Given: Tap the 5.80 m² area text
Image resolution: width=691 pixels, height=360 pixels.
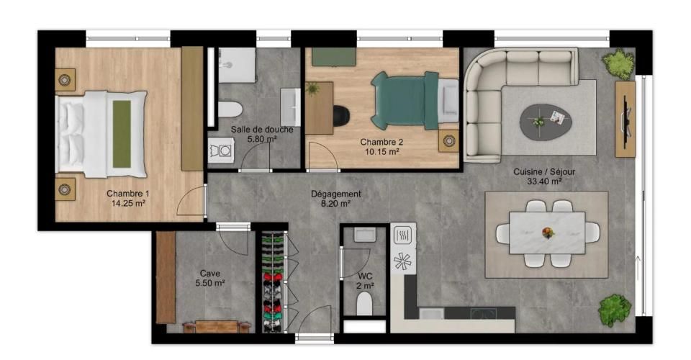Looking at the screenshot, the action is [262, 139].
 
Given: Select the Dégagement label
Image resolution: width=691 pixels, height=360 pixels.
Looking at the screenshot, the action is [336, 194].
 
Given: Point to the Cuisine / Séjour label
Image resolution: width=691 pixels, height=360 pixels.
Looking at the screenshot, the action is [544, 172].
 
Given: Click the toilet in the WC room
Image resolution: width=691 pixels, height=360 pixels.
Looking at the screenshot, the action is [364, 303].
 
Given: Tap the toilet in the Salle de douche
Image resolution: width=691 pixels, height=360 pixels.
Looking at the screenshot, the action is [230, 109].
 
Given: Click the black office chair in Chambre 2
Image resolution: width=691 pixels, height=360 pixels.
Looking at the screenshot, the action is [341, 115].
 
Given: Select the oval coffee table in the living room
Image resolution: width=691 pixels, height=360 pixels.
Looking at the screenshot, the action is [545, 121].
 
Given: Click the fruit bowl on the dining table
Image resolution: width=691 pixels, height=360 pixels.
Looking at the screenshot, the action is [548, 232].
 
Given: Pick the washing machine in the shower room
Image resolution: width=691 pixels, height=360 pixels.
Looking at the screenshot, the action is [221, 150].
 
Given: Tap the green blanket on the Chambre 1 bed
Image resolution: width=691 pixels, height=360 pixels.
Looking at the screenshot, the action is [122, 134].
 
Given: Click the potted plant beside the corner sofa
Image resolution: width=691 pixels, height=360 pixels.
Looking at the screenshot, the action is [618, 64].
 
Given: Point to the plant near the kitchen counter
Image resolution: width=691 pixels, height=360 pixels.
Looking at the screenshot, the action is [614, 310].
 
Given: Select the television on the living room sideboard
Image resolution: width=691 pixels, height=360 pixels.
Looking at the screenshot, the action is [625, 119].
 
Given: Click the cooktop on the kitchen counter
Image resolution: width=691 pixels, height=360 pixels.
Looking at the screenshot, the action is [484, 313].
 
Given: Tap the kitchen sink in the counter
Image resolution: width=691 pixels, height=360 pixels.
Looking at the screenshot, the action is [431, 313].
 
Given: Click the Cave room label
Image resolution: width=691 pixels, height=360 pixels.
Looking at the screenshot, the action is [209, 274].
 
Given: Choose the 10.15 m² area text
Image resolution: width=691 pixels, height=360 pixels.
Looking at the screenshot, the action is [381, 152].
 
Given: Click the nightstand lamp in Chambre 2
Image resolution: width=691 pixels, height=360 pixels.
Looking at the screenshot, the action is [449, 141].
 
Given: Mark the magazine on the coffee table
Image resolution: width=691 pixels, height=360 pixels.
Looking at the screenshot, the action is [557, 117].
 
